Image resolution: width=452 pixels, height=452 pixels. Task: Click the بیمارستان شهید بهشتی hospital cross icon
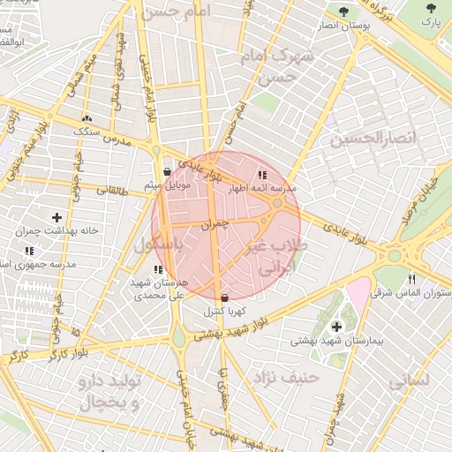[336, 327]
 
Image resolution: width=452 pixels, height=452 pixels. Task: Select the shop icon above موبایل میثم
[168, 171]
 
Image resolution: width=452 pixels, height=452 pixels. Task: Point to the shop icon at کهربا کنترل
[224, 298]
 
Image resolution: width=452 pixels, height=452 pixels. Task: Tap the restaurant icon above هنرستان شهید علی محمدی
[157, 269]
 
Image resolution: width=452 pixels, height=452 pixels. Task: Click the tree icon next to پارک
[430, 11]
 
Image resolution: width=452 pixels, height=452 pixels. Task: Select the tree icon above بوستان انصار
[343, 11]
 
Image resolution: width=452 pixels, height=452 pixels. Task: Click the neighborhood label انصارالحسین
[360, 139]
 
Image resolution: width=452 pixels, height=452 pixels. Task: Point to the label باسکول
[159, 246]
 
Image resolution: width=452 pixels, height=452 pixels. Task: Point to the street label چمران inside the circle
[214, 225]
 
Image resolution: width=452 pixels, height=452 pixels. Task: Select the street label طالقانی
[116, 189]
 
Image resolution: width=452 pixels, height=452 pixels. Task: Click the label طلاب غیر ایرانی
[273, 256]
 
